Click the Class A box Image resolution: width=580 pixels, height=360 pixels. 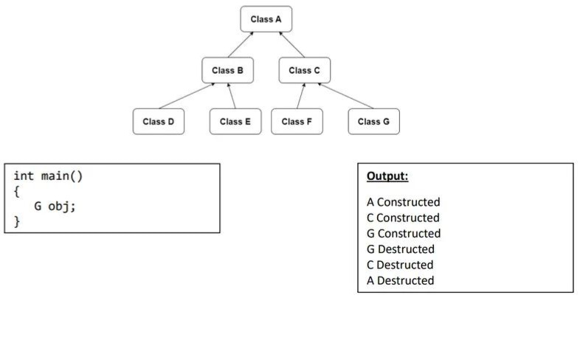[x=266, y=19]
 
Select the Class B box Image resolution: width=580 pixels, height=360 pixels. [x=227, y=70]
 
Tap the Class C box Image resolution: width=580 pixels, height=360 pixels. [x=304, y=70]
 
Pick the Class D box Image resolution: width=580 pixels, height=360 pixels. [x=159, y=122]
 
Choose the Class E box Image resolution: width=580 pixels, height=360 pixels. [x=235, y=122]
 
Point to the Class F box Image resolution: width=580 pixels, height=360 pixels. [x=297, y=122]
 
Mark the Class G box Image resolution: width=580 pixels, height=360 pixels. [x=373, y=122]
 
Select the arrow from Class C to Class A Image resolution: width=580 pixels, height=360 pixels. [x=292, y=45]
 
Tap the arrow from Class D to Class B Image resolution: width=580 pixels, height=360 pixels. [x=186, y=96]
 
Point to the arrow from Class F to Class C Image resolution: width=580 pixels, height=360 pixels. [x=300, y=96]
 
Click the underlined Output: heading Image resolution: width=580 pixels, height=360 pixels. [x=387, y=176]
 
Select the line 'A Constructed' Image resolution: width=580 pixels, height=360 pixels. [x=403, y=202]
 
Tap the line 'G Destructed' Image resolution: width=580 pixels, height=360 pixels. [x=400, y=249]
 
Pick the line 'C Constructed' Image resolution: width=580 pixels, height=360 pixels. [x=403, y=218]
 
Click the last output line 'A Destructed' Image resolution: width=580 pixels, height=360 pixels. [x=400, y=280]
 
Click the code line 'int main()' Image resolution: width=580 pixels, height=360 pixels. [x=47, y=176]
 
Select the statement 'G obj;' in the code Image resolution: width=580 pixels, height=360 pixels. [x=55, y=206]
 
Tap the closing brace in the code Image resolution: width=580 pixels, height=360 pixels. [x=17, y=221]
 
